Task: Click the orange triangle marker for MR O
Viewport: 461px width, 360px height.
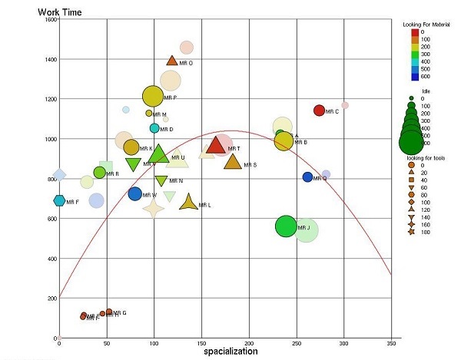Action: point(172,61)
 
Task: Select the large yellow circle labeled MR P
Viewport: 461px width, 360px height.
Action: point(153,96)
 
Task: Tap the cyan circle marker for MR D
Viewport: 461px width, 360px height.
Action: point(154,128)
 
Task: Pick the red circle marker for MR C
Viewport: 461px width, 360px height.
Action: point(319,111)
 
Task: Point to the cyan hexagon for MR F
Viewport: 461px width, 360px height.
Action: point(59,201)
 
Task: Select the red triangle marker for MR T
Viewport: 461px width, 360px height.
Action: point(216,147)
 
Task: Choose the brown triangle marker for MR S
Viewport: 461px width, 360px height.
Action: point(232,162)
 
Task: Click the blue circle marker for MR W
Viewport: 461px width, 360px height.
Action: point(135,194)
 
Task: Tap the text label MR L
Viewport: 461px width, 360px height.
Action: point(204,206)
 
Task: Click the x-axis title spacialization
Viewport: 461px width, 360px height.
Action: point(230,352)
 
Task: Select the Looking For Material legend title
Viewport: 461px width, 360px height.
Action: point(426,25)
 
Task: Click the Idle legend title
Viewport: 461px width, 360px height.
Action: point(426,91)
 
